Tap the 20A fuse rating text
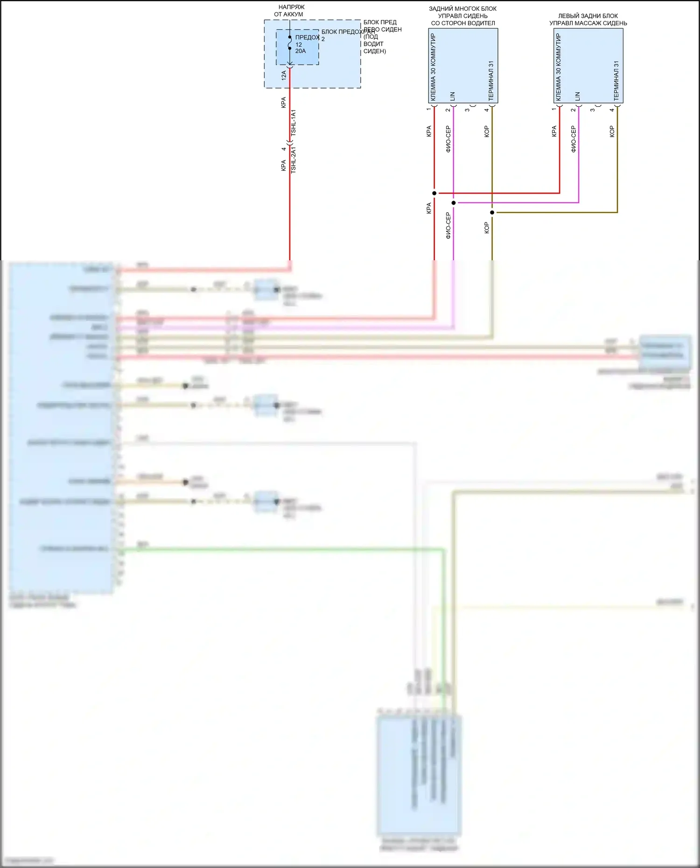pyautogui.click(x=301, y=51)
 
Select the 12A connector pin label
pyautogui.click(x=284, y=75)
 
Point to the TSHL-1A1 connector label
pyautogui.click(x=294, y=123)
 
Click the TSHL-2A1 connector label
pyautogui.click(x=294, y=160)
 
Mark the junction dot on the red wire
pyautogui.click(x=434, y=193)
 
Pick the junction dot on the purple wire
pyautogui.click(x=454, y=203)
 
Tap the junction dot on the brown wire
pyautogui.click(x=492, y=213)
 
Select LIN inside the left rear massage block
pyautogui.click(x=578, y=97)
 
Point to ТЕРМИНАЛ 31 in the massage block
pyautogui.click(x=616, y=81)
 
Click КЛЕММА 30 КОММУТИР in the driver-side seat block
pyautogui.click(x=433, y=67)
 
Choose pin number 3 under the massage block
pyautogui.click(x=592, y=110)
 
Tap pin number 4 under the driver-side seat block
pyautogui.click(x=486, y=110)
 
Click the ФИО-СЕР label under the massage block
pyautogui.click(x=574, y=139)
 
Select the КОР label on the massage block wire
pyautogui.click(x=612, y=132)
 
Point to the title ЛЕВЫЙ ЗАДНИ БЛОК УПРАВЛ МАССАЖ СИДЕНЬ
pyautogui.click(x=588, y=20)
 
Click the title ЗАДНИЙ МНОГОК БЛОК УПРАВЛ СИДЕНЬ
pyautogui.click(x=463, y=16)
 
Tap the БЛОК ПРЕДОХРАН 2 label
pyautogui.click(x=348, y=32)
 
